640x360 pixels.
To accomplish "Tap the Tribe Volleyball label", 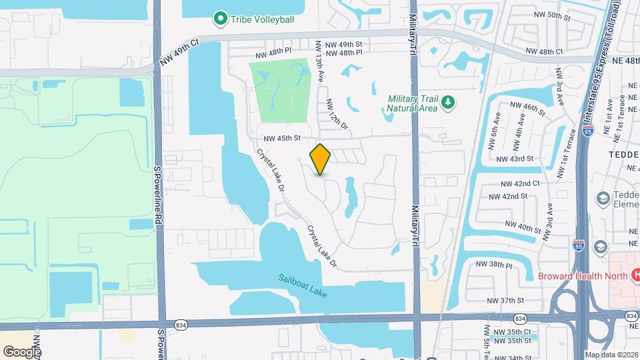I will point(261,19).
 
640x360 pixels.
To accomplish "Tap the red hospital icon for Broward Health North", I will point(635,275).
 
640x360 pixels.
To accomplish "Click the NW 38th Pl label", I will point(493,265).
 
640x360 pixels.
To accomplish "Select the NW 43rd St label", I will point(516,159).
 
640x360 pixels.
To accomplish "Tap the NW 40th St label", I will point(522,227).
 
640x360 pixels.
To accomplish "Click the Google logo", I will point(22,351).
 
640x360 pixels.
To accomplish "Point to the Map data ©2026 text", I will point(611,355).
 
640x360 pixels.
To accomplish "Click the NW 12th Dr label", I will point(337,114).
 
